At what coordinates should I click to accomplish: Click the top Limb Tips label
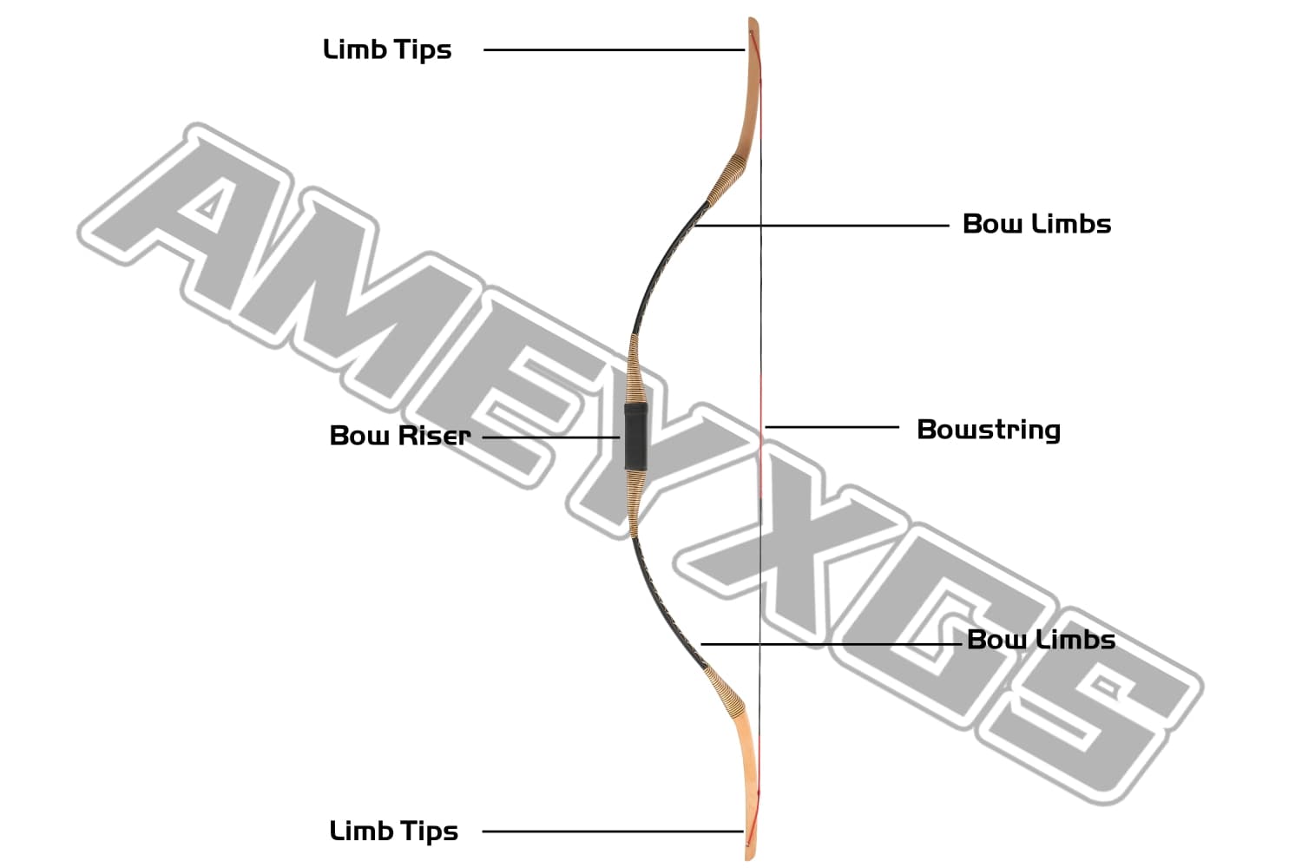pos(387,49)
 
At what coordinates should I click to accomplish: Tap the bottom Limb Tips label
pos(393,831)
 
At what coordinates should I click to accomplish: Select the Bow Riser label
pos(399,435)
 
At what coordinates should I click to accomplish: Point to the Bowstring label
pos(989,430)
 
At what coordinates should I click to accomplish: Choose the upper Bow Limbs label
pos(1036,224)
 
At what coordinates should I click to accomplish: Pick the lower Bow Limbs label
pos(1041,640)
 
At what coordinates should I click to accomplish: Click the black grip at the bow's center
pos(635,437)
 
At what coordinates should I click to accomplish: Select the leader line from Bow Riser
pos(550,437)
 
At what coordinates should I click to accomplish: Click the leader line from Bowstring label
pos(832,427)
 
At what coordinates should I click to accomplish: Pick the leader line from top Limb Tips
pos(613,50)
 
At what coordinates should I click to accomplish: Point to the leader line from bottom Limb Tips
pos(613,831)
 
